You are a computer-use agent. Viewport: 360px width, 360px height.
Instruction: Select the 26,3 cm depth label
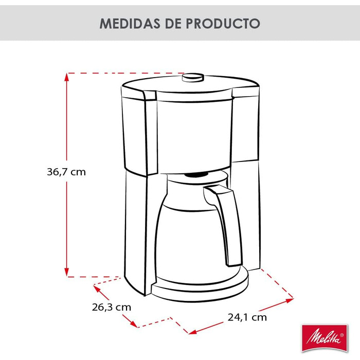(x=112, y=307)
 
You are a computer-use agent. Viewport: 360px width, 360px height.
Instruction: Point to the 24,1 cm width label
(x=247, y=317)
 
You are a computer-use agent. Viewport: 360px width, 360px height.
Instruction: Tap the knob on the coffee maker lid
(x=193, y=78)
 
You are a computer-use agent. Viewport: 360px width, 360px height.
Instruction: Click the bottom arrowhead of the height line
(x=67, y=272)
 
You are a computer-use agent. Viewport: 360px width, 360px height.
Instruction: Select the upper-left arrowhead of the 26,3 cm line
(x=96, y=289)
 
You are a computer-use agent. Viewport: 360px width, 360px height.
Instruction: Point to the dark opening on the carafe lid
(x=198, y=175)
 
